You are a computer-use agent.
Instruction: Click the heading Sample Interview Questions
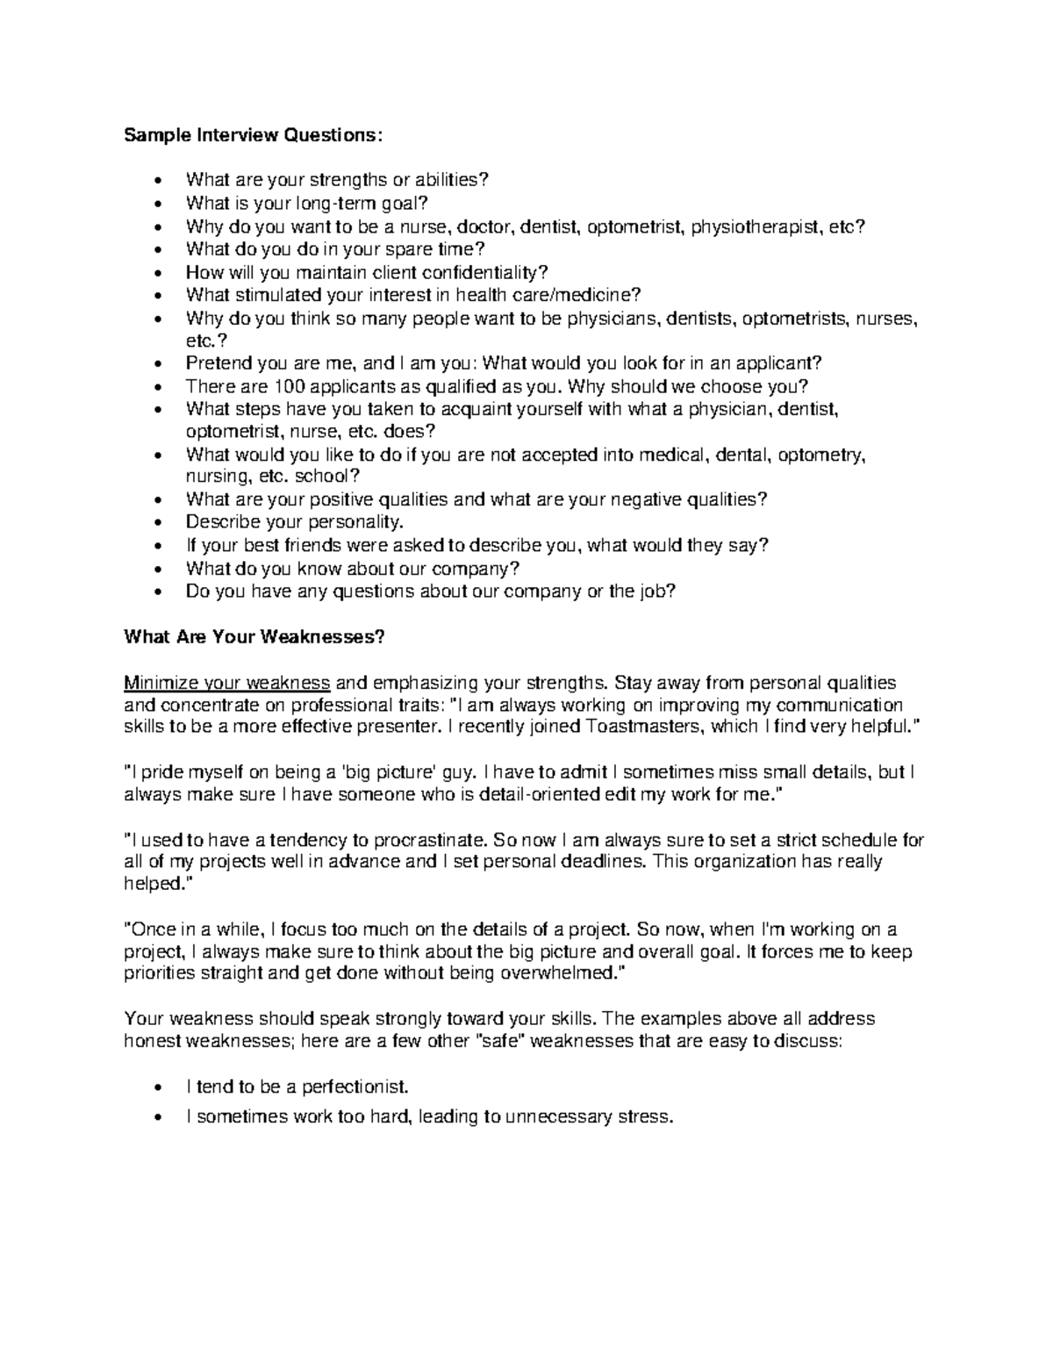pos(254,135)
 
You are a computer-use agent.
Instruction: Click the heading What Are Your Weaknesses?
pos(254,637)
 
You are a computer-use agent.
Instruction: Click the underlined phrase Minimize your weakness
pos(227,682)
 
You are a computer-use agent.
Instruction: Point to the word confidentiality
pos(485,272)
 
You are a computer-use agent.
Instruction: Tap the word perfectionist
pos(355,1087)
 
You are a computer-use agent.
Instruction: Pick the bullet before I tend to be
pos(156,1088)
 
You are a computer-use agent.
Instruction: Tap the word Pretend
pos(214,363)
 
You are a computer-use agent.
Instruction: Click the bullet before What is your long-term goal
pos(156,204)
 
